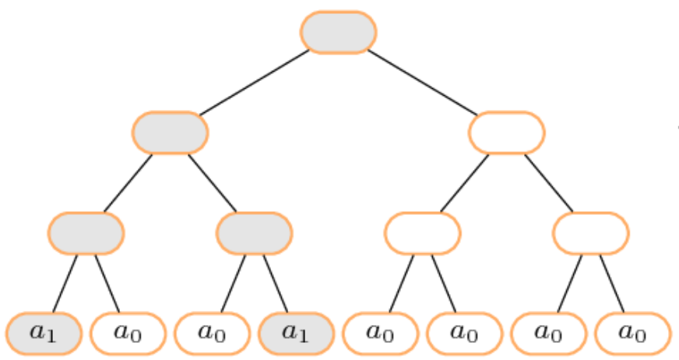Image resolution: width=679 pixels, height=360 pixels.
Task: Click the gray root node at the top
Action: click(339, 33)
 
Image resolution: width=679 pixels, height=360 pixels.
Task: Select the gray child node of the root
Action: click(171, 132)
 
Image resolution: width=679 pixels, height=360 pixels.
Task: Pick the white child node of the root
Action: click(507, 132)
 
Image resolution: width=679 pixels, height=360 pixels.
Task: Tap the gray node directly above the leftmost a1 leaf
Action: click(86, 233)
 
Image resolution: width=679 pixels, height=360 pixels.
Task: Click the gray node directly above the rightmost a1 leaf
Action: click(255, 233)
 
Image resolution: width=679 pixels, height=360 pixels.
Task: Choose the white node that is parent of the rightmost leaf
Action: click(591, 233)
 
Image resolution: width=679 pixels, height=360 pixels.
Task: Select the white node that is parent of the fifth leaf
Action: click(423, 233)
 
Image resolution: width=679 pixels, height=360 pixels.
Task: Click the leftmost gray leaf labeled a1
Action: click(44, 334)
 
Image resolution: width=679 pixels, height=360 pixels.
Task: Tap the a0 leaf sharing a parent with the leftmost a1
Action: click(128, 334)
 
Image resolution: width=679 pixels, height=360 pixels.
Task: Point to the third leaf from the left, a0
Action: click(212, 334)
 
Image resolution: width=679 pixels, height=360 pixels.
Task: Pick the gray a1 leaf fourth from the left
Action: click(296, 334)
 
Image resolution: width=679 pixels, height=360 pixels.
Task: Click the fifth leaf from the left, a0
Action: click(380, 334)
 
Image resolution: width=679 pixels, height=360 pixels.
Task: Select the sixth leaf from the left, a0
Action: click(464, 334)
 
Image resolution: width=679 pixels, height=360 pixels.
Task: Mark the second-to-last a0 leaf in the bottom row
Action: click(549, 334)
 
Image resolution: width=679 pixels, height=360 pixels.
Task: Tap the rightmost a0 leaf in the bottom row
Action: click(632, 334)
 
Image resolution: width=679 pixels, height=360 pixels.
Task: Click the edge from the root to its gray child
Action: click(254, 83)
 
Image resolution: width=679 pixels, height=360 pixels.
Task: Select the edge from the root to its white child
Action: click(423, 83)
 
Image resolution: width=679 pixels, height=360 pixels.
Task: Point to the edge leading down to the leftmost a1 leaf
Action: click(65, 284)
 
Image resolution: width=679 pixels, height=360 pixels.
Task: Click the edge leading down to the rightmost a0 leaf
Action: click(612, 284)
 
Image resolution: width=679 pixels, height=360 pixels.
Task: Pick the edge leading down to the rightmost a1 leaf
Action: click(276, 284)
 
